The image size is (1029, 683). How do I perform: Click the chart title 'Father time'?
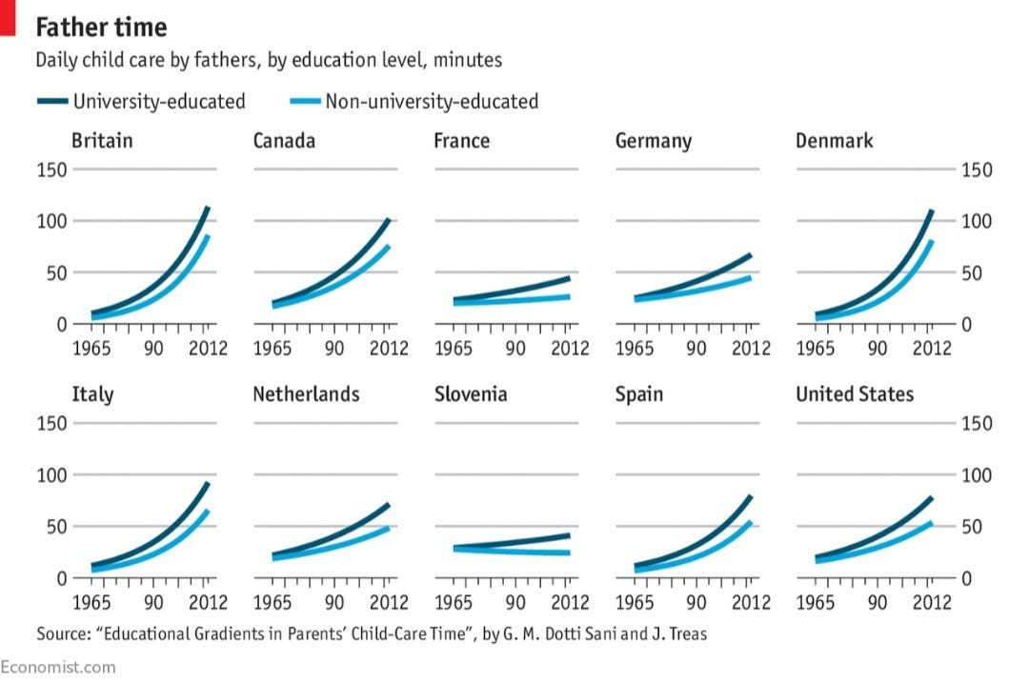pyautogui.click(x=101, y=26)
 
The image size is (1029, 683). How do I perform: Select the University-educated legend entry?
pyautogui.click(x=159, y=101)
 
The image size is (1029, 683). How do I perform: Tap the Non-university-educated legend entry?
pyautogui.click(x=432, y=101)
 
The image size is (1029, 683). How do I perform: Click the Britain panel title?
pyautogui.click(x=102, y=141)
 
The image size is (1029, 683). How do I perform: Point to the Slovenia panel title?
pyautogui.click(x=471, y=394)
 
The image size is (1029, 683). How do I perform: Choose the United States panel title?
pyautogui.click(x=855, y=394)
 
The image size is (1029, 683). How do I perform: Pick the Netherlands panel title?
pyautogui.click(x=306, y=394)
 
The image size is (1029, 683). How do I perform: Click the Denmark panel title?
pyautogui.click(x=835, y=141)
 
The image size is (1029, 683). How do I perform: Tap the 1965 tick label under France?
pyautogui.click(x=454, y=349)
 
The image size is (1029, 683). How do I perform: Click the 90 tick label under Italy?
pyautogui.click(x=152, y=603)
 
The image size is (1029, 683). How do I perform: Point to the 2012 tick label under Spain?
pyautogui.click(x=751, y=603)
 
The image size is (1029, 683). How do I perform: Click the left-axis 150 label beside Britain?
pyautogui.click(x=52, y=171)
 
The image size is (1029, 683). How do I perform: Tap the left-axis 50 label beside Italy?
pyautogui.click(x=57, y=527)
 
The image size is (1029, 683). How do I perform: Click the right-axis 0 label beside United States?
pyautogui.click(x=968, y=578)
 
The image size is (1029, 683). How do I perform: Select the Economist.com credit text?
pyautogui.click(x=58, y=667)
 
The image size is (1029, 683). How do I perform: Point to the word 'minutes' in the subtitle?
pyautogui.click(x=467, y=60)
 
